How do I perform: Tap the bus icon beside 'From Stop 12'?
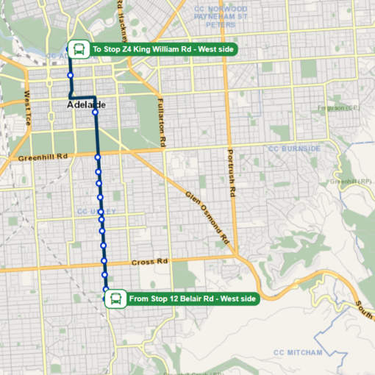tap(115, 299)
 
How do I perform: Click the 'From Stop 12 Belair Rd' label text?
tap(192, 299)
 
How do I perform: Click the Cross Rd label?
tap(150, 262)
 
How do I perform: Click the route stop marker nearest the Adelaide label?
tap(95, 113)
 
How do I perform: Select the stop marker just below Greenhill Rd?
tap(97, 157)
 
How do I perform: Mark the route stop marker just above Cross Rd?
tap(104, 260)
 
